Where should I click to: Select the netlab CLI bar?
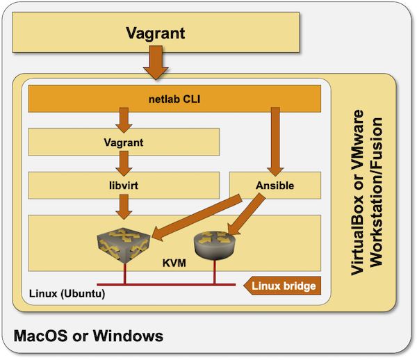coord(174,99)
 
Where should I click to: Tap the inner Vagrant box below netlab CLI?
coord(124,142)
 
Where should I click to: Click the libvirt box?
coord(124,186)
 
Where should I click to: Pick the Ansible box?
coord(275,186)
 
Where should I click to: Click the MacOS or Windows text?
coord(89,336)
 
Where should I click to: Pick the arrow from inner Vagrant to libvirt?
coord(124,163)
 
